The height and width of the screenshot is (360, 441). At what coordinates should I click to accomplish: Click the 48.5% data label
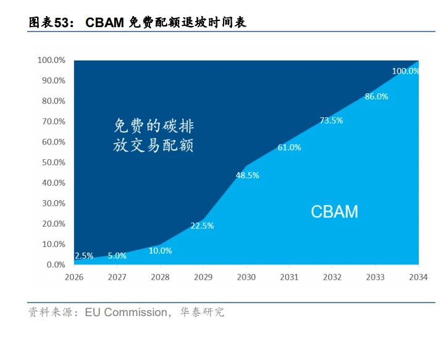pos(247,175)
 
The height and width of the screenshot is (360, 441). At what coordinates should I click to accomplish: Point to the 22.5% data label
pos(202,226)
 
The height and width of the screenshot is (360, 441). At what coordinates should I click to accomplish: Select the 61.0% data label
pos(289,148)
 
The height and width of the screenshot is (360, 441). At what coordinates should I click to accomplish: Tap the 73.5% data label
pos(331,120)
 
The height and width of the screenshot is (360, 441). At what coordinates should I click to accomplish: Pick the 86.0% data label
pos(376,96)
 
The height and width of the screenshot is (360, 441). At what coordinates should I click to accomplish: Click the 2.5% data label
pos(83,256)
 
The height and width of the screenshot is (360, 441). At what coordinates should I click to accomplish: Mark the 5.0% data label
pos(117,256)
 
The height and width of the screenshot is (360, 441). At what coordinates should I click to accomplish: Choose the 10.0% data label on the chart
pos(161,251)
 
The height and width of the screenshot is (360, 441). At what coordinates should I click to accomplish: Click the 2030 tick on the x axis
pos(246,277)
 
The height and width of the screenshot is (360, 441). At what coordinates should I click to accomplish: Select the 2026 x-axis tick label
pos(74,277)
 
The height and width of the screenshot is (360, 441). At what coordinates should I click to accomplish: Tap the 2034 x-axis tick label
pos(418,277)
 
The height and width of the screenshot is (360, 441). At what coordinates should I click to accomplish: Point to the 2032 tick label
pos(332,277)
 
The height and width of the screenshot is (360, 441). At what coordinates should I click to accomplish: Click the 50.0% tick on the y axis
pos(51,162)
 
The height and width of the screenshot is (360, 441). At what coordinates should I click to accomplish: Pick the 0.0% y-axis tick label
pos(54,264)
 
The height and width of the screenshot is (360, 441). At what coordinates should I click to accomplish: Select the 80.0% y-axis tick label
pos(51,101)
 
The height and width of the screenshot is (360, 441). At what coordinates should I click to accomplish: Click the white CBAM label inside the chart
pos(334,212)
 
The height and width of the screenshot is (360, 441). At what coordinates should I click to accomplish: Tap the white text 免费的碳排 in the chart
pos(154,127)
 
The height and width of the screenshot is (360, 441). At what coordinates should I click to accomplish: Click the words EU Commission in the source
pos(126,312)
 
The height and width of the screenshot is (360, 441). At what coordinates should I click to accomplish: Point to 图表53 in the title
pos(48,23)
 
